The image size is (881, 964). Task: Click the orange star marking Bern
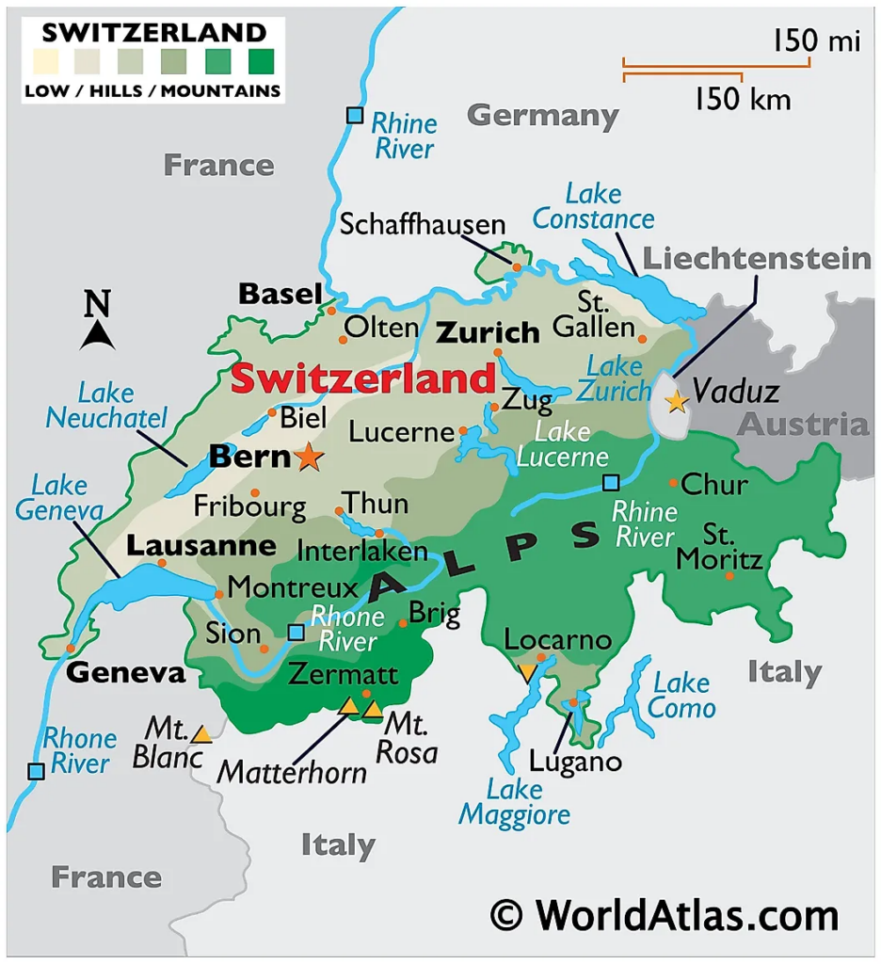pos(309,458)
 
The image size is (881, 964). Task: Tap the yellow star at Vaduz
pos(676,402)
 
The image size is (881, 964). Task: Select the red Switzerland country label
pos(362,379)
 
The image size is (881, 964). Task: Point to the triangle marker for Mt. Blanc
pos(201,733)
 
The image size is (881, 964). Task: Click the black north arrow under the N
pos(98,335)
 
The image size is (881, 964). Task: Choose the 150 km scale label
pos(743,98)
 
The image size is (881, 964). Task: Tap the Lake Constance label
pos(593,207)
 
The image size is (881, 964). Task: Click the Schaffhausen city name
pos(423,225)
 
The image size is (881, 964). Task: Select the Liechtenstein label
pos(757,259)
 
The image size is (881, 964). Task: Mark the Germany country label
pos(543,116)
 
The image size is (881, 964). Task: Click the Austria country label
pos(802,425)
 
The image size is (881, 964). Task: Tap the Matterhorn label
pos(292,772)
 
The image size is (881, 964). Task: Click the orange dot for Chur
pos(673,483)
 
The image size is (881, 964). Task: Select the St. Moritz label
pos(721,548)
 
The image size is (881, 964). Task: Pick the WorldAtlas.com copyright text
pos(664,914)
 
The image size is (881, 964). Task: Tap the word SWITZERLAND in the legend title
pos(153,32)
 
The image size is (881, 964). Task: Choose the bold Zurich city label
pos(488,332)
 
